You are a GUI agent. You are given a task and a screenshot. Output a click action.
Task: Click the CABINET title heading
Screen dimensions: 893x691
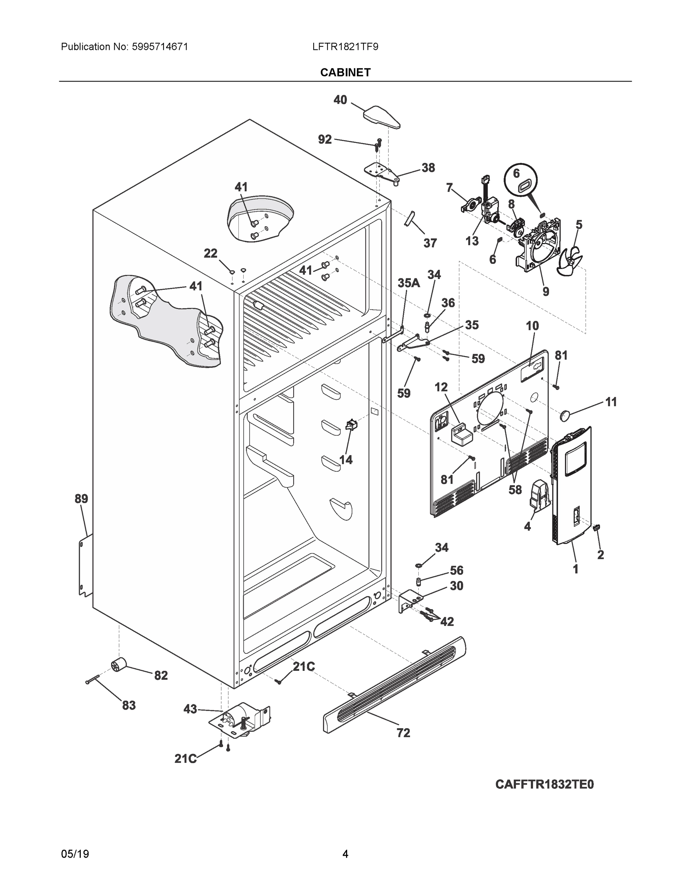(x=345, y=73)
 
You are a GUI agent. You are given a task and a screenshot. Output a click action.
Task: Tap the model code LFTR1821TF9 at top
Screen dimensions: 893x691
(x=345, y=47)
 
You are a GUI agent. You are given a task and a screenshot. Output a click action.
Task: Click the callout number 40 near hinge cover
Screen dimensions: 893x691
(x=340, y=100)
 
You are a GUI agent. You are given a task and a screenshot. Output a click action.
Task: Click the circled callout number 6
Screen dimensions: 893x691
(x=517, y=173)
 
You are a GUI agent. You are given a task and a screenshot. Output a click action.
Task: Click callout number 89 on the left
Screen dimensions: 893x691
(x=81, y=499)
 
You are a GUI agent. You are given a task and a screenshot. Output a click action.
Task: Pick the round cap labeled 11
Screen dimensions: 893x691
(x=565, y=415)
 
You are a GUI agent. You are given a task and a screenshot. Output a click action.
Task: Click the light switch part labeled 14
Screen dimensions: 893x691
(x=351, y=426)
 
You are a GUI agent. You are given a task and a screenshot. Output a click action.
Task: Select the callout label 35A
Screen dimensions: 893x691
(x=409, y=283)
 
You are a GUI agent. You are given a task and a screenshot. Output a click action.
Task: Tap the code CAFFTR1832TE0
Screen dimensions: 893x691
(x=544, y=784)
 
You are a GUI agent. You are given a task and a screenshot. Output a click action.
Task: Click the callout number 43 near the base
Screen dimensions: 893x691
(x=190, y=708)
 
